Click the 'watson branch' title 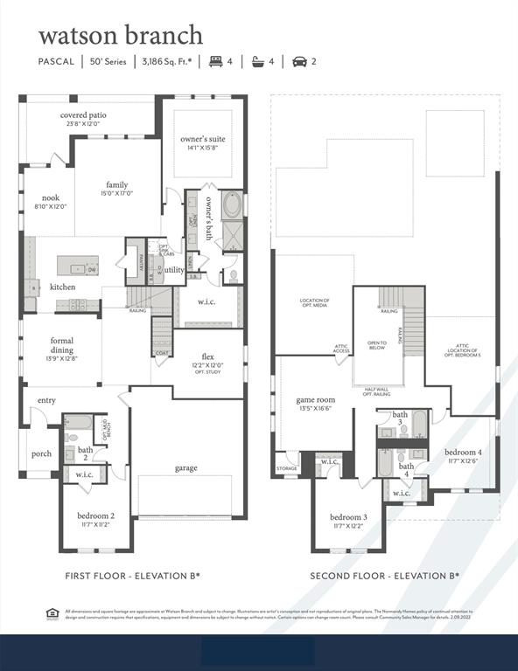click(120, 35)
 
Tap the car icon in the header click(297, 61)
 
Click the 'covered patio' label click(80, 119)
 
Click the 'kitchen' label click(62, 287)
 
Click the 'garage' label click(185, 467)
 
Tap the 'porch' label click(41, 453)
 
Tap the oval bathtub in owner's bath click(232, 206)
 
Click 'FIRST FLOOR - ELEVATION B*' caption click(133, 576)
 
